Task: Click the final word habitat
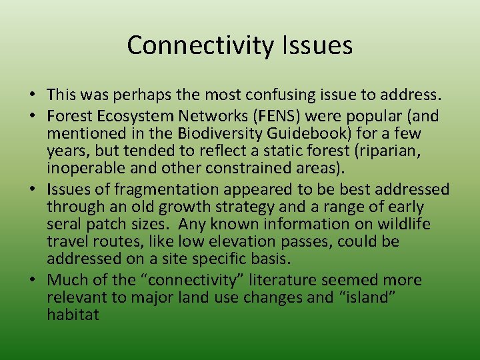pos(73,314)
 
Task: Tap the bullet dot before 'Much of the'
pos(33,279)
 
